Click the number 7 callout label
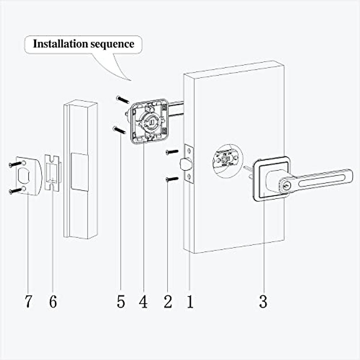pos(28,301)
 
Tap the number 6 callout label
pos(53,301)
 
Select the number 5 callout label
pos(121,301)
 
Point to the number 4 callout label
pos(143,301)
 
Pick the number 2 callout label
pos(168,301)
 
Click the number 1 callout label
pos(190,301)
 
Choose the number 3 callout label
pos(263,301)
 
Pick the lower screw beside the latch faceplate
pos(172,179)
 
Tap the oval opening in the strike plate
pos(24,177)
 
